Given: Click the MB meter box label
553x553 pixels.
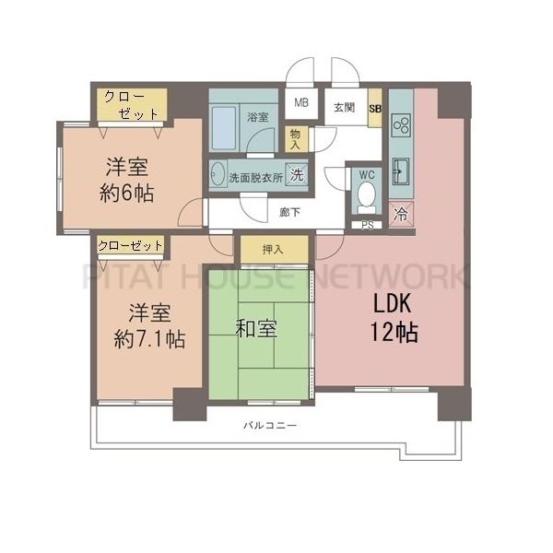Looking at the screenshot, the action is pos(301,102).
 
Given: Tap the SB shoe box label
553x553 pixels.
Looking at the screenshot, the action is pos(375,109).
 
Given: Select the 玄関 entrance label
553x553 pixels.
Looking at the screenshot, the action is pos(344,107).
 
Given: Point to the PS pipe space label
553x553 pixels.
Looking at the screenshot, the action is pos(367,226).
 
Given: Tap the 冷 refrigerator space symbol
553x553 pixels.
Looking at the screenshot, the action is pos(401,214).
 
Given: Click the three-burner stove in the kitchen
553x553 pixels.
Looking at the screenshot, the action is pos(402,125).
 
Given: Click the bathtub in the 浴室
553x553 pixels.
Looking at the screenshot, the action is pos(224,127).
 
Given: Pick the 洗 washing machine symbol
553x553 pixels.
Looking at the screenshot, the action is pos(296,174).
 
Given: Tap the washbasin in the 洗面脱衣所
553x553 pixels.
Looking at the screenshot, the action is pos(218,174).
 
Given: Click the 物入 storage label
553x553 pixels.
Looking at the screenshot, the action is pos(295,139).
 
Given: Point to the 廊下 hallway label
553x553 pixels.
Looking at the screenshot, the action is pos(289,212).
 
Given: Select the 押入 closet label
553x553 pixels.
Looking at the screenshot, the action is pos(273,250).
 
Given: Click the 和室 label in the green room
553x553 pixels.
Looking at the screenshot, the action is pos(256,329).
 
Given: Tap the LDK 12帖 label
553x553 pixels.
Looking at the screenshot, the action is pos(394,317).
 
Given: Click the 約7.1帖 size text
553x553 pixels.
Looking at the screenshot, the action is pos(149,339).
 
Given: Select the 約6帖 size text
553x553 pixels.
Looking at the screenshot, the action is pos(127,194).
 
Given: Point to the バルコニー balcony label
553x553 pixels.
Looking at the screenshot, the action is pos(270,426).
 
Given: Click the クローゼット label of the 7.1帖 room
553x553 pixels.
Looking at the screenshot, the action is pos(130,245).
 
